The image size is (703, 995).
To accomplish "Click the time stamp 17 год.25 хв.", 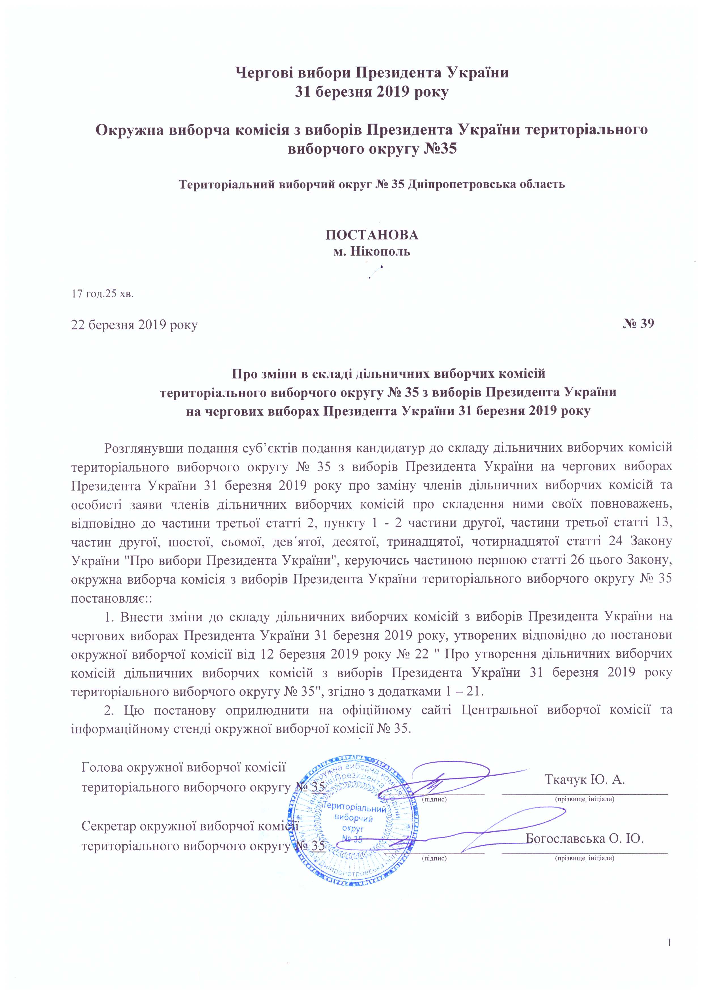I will click(x=103, y=294).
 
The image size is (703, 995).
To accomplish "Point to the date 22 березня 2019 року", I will click(x=134, y=325).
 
